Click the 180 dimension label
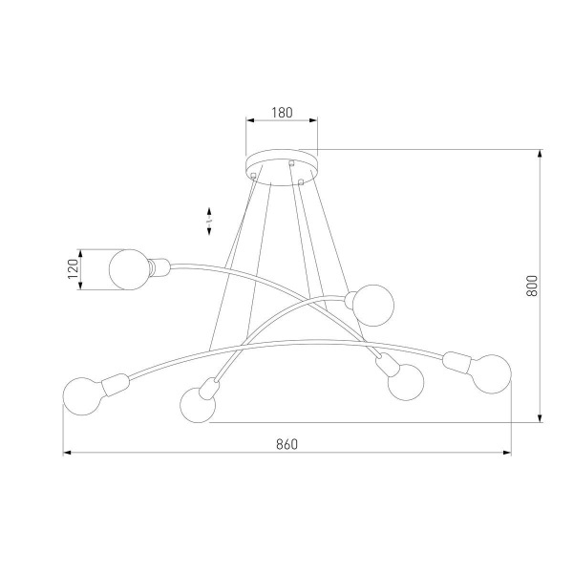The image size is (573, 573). pos(281,113)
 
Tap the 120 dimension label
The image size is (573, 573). pos(71,269)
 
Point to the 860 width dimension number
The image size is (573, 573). pos(286,444)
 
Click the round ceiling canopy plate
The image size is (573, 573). pos(281,160)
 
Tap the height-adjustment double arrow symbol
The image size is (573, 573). pos(209,221)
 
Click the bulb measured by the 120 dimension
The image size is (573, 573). pos(129,268)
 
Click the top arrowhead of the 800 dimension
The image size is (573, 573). pos(541,153)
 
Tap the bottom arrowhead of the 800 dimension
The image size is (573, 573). pos(541,417)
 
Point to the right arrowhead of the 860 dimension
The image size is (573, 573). pos(507,453)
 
